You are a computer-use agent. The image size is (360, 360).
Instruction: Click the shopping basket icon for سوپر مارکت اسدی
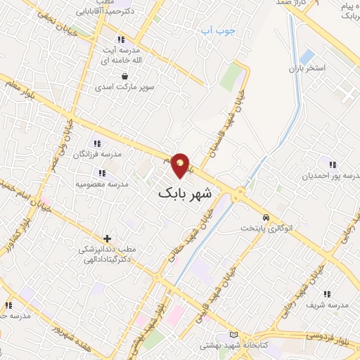124,77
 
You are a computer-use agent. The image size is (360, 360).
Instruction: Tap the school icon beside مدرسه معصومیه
102,172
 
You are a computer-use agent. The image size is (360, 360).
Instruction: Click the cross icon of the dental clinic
107,239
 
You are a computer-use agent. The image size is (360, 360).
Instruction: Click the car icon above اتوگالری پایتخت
266,217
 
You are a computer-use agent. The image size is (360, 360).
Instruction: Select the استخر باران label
309,70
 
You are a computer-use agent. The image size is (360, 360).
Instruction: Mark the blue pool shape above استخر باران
307,56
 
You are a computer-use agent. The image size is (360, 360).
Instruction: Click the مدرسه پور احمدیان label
331,176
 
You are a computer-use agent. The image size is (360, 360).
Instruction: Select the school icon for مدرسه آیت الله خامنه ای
122,39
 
